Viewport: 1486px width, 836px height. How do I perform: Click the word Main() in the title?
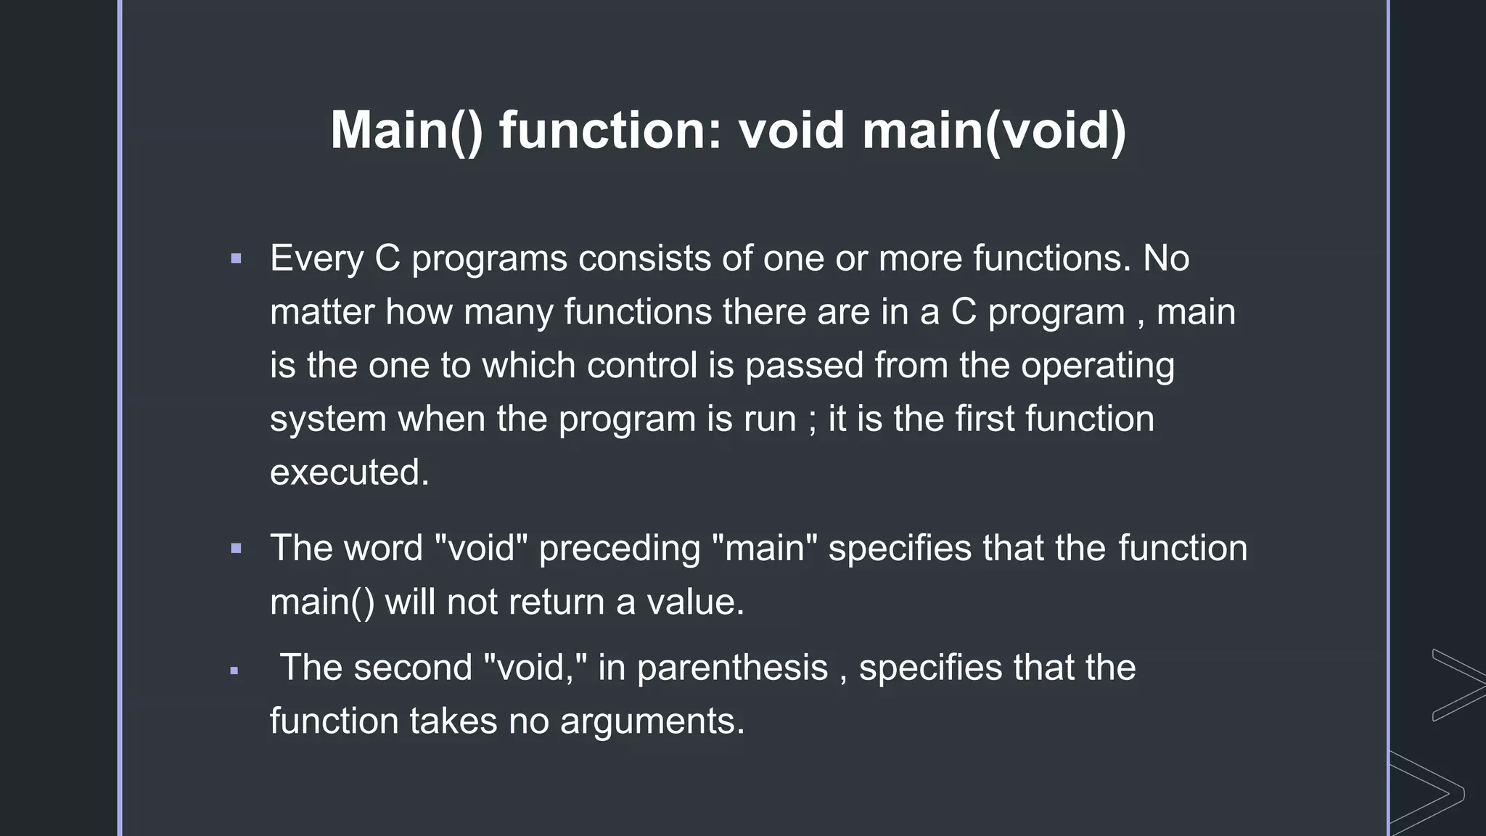click(406, 131)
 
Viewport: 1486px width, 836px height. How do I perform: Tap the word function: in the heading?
click(610, 131)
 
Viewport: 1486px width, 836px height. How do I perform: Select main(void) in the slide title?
click(994, 131)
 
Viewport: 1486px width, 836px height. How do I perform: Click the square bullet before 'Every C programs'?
click(236, 258)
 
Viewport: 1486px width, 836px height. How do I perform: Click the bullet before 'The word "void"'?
click(236, 549)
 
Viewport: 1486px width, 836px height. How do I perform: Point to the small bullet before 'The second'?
click(234, 671)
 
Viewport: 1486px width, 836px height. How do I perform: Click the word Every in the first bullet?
click(316, 259)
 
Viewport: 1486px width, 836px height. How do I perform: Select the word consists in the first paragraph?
click(644, 259)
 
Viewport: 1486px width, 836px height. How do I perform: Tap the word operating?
click(1097, 366)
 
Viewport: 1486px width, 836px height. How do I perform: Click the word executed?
click(349, 472)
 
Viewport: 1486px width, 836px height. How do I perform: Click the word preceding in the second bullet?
click(620, 549)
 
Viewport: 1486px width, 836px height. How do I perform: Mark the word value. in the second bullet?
click(695, 602)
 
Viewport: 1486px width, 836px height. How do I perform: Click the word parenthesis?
click(732, 668)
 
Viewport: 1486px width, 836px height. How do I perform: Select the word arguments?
click(652, 721)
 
